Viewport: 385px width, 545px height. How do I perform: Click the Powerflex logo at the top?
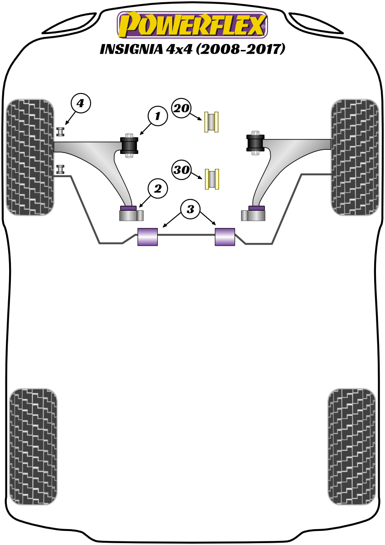pos(192,25)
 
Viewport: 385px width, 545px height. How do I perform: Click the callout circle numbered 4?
pos(80,104)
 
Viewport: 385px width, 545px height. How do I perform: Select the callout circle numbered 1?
pos(157,117)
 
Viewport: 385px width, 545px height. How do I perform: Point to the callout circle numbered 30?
pos(181,170)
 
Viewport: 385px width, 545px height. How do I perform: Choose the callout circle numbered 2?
pos(157,188)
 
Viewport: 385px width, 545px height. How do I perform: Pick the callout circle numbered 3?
pos(190,209)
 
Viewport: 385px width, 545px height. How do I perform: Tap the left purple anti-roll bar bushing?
pos(147,237)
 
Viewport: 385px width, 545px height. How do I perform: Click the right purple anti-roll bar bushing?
pos(225,237)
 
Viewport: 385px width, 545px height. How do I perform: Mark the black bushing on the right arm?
pos(255,143)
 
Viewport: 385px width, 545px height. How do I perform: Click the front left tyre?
pos(30,157)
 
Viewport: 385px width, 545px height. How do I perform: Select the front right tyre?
pos(355,157)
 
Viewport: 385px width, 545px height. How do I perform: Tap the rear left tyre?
pos(33,446)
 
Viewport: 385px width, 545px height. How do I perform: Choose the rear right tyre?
pos(352,446)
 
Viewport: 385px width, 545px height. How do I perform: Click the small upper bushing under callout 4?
pos(60,132)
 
